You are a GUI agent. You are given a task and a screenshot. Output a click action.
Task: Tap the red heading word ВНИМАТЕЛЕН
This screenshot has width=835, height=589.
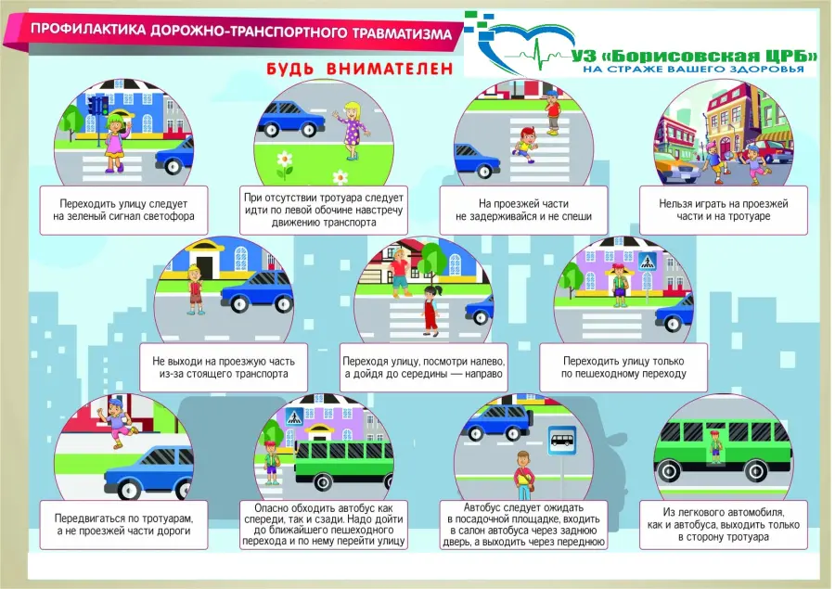[390, 69]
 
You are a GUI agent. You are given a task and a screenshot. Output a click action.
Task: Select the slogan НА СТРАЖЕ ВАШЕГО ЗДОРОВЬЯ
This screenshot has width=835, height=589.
[693, 70]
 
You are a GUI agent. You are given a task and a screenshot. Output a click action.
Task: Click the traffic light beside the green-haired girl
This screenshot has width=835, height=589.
[98, 114]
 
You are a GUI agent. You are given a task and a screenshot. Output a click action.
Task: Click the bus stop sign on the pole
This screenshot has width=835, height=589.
[562, 441]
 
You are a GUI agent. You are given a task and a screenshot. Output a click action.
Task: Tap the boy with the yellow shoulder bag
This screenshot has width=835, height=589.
[523, 476]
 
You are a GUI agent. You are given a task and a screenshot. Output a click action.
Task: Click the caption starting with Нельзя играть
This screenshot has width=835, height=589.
[723, 210]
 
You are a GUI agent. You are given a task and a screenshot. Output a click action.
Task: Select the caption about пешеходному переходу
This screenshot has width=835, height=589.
[623, 367]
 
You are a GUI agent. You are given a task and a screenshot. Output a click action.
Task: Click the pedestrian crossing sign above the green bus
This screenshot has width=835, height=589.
[294, 416]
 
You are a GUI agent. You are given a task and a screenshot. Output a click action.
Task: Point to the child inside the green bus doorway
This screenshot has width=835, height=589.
[715, 447]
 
